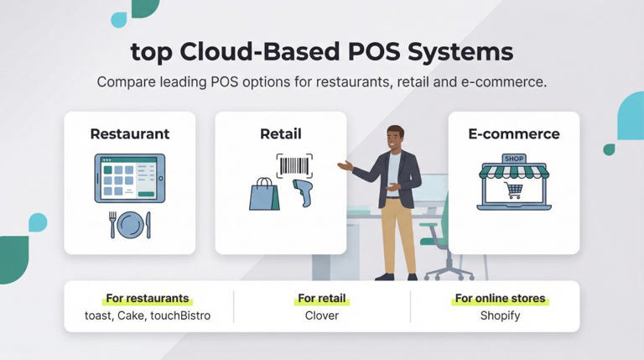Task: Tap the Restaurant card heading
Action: point(129,134)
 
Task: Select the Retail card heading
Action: point(280,134)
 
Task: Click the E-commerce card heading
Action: point(513,134)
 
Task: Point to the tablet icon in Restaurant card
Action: point(129,178)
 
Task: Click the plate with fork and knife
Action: point(130,225)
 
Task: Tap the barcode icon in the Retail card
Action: point(293,165)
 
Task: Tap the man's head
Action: point(395,137)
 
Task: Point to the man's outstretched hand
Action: point(344,165)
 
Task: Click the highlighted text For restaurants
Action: point(148,298)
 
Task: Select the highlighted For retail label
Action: point(322,298)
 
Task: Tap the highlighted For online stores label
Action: point(500,298)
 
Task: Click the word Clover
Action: point(322,316)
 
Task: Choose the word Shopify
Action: point(500,316)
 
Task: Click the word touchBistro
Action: point(180,316)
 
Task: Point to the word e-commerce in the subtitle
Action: point(506,83)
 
